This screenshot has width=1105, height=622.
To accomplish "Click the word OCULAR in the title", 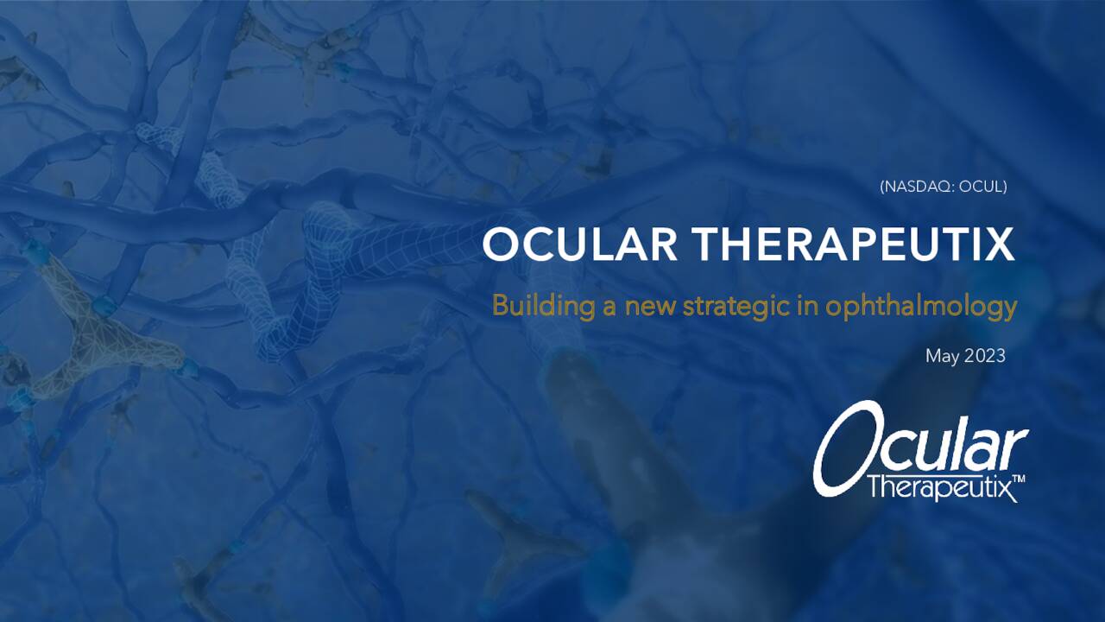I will [x=579, y=244].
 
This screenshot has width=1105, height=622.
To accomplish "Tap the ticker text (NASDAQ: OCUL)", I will [x=943, y=186].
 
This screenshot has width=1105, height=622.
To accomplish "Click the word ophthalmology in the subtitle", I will [x=921, y=307].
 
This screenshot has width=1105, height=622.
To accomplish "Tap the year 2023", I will [x=984, y=355].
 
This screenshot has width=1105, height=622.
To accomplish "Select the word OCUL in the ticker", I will [x=982, y=186].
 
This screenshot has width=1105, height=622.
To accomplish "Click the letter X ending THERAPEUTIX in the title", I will [x=1001, y=244].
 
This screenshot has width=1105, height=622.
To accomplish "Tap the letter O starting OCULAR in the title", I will [x=500, y=244].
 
